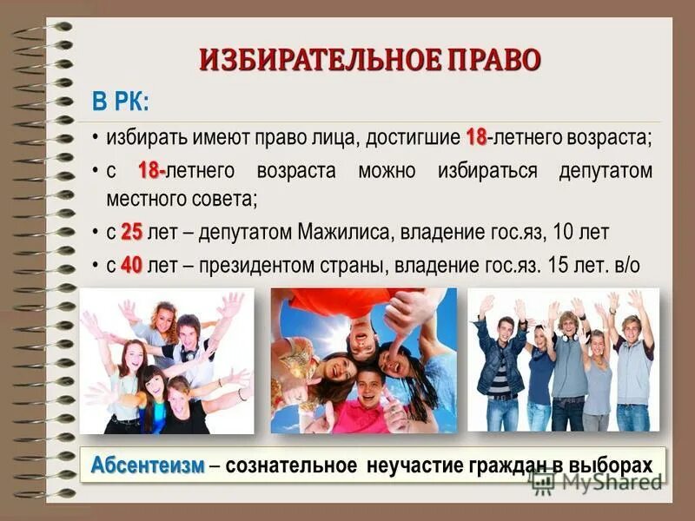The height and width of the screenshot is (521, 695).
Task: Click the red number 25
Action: [131, 232]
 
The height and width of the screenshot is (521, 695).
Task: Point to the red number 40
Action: [131, 265]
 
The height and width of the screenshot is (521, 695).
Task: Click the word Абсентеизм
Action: [148, 465]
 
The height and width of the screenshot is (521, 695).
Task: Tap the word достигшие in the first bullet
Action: [413, 137]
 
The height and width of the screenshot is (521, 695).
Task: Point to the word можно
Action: [386, 170]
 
